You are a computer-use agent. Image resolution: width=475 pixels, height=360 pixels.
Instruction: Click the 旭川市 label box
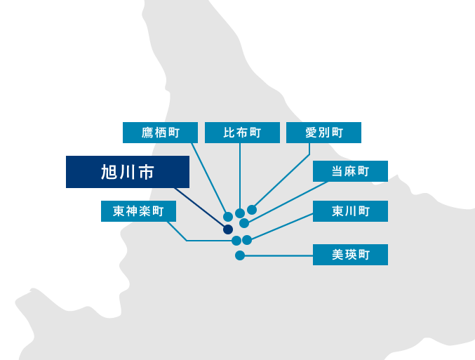[x=127, y=172]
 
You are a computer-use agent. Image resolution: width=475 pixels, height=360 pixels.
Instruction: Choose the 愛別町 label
[x=323, y=133]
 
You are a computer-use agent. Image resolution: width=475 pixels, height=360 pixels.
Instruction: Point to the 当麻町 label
[x=350, y=171]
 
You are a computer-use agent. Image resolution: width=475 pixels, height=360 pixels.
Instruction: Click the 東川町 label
[x=350, y=211]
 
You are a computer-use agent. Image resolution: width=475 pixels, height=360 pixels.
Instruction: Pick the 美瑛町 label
[x=350, y=254]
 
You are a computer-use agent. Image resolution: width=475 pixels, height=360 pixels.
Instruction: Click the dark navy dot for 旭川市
[x=228, y=229]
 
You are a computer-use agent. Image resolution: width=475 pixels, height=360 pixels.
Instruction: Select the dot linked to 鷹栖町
[x=228, y=217]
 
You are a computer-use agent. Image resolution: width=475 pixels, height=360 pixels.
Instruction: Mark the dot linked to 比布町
[x=240, y=213]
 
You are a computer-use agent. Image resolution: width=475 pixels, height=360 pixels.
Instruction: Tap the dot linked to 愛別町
[x=252, y=210]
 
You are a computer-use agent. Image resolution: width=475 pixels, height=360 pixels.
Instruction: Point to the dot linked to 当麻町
[x=244, y=223]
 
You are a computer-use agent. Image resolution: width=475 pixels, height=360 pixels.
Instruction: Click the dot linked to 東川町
[x=247, y=240]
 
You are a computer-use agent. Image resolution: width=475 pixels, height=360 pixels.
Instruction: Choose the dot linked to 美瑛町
[x=240, y=255]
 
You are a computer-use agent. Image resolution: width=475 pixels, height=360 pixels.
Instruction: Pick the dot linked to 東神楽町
[x=236, y=241]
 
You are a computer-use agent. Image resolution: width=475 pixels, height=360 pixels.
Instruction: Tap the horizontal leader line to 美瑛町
[x=277, y=255]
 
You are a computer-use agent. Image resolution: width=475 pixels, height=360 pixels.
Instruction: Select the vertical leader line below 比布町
[x=240, y=175]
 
